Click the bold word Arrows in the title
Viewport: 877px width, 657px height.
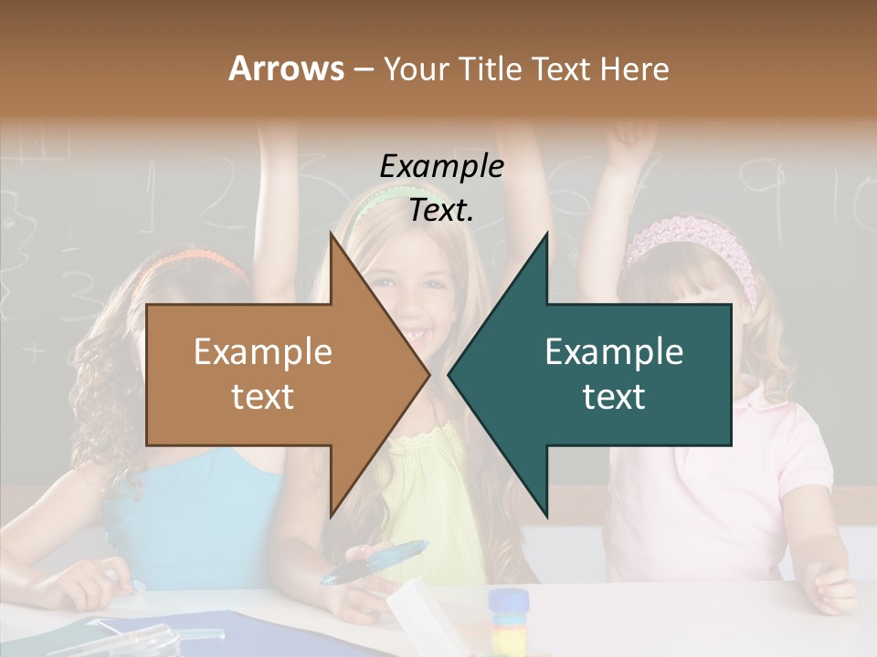(286, 68)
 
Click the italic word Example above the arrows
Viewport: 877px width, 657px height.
(441, 168)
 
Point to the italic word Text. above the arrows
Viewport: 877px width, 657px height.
(441, 212)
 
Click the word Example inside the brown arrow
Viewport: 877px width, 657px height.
(262, 352)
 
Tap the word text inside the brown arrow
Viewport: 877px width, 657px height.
(262, 397)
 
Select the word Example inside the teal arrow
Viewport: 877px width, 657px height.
(614, 352)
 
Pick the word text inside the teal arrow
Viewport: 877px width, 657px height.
(614, 397)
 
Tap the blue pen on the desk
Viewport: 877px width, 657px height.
(375, 562)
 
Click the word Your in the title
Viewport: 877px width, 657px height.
(410, 69)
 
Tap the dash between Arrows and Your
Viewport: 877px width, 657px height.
(362, 70)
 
